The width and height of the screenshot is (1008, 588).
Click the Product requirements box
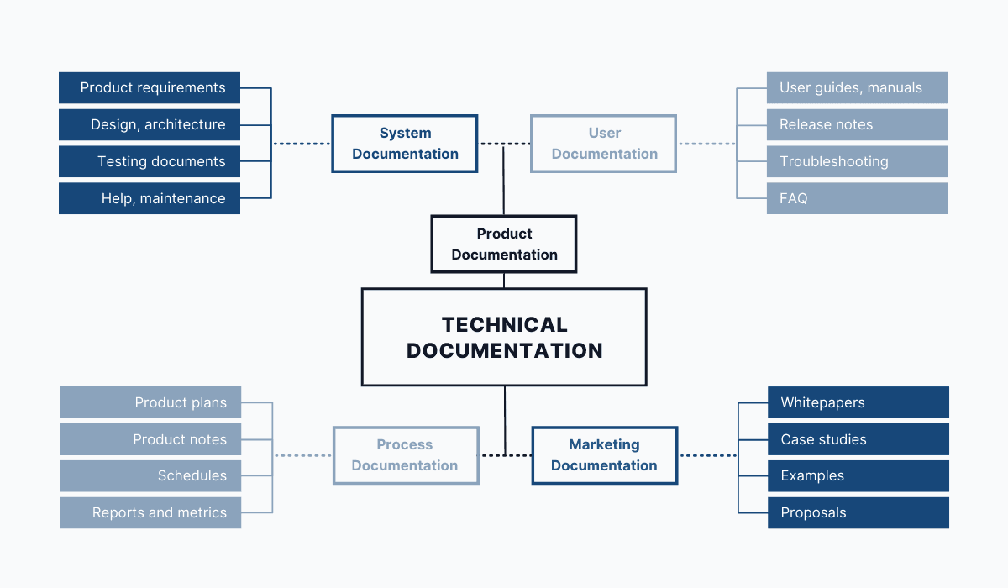point(150,87)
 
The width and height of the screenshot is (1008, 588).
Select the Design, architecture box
point(150,124)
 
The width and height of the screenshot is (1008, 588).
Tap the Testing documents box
point(150,161)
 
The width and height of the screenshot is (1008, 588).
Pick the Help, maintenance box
point(150,198)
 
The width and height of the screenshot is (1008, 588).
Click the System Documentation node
point(405,144)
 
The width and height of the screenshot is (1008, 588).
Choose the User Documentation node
point(603,144)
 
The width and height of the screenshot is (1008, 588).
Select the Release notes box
point(857,124)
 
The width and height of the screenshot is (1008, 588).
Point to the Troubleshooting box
point(857,161)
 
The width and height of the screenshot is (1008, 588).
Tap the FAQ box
point(857,198)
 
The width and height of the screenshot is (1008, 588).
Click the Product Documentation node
point(504,244)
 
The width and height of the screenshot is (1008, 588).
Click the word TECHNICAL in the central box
point(504,325)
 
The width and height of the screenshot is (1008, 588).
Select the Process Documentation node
point(405,454)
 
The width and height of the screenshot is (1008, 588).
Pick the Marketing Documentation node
point(604,454)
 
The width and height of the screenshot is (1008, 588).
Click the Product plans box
point(150,402)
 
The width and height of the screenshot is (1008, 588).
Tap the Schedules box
point(150,475)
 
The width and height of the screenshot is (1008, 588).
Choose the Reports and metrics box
point(150,512)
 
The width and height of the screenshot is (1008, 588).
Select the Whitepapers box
point(858,402)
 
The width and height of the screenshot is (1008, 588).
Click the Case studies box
point(858,439)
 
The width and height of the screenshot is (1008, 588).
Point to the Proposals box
point(858,512)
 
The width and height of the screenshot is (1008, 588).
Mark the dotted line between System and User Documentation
point(504,144)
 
